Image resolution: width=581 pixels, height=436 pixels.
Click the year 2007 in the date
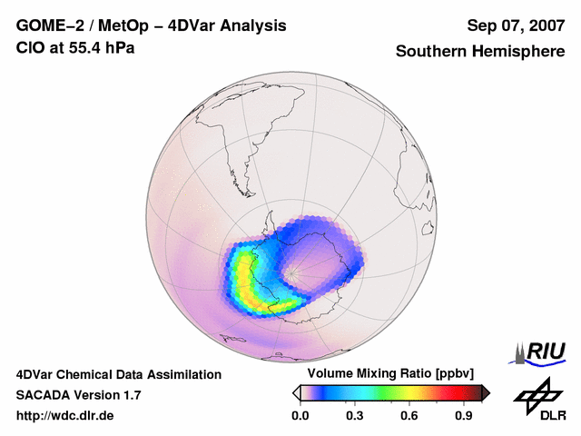tap(544, 25)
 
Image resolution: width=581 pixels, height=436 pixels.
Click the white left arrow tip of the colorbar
tap(297, 392)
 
